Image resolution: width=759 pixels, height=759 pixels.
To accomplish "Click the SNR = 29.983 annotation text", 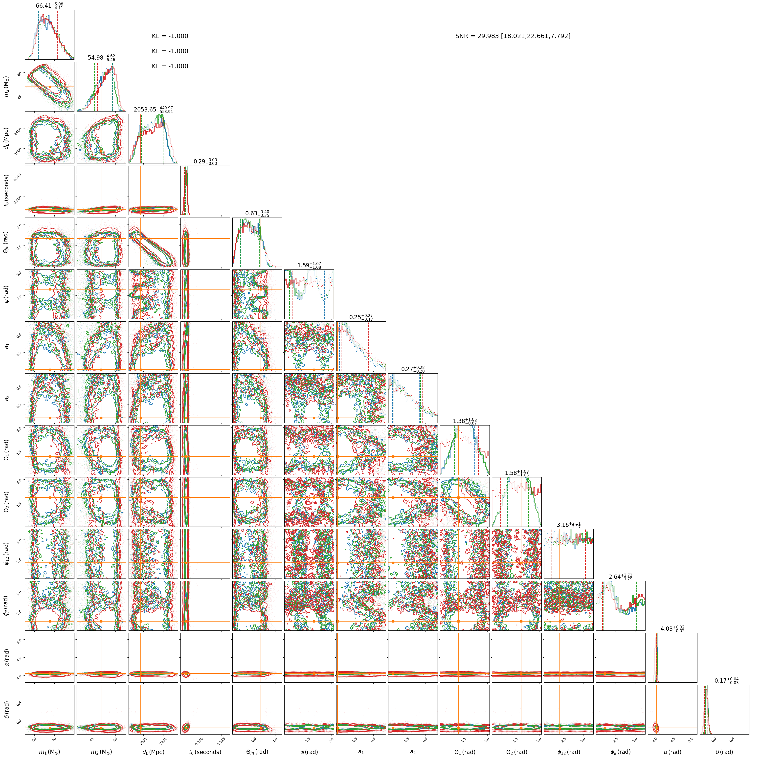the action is coord(513,36).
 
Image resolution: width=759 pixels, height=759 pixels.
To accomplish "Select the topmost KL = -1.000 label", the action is coord(170,36).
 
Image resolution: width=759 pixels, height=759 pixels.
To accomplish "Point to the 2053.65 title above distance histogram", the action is coord(153,110).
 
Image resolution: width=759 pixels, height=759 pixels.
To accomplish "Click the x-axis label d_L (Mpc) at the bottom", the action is coord(153,752).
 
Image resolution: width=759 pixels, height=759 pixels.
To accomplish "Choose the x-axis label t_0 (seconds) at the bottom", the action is coord(205,752).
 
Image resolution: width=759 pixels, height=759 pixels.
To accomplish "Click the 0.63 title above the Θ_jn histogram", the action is coord(257,213).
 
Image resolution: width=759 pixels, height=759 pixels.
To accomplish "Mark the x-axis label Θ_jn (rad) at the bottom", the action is coord(257,752).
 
